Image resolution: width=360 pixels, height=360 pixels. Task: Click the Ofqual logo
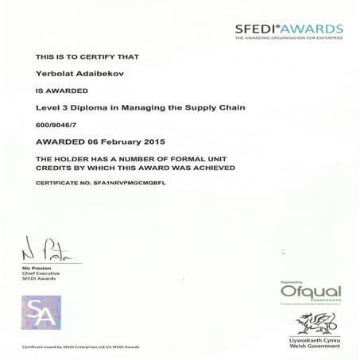click(311, 292)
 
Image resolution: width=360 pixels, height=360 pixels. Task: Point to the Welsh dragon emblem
click(311, 321)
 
